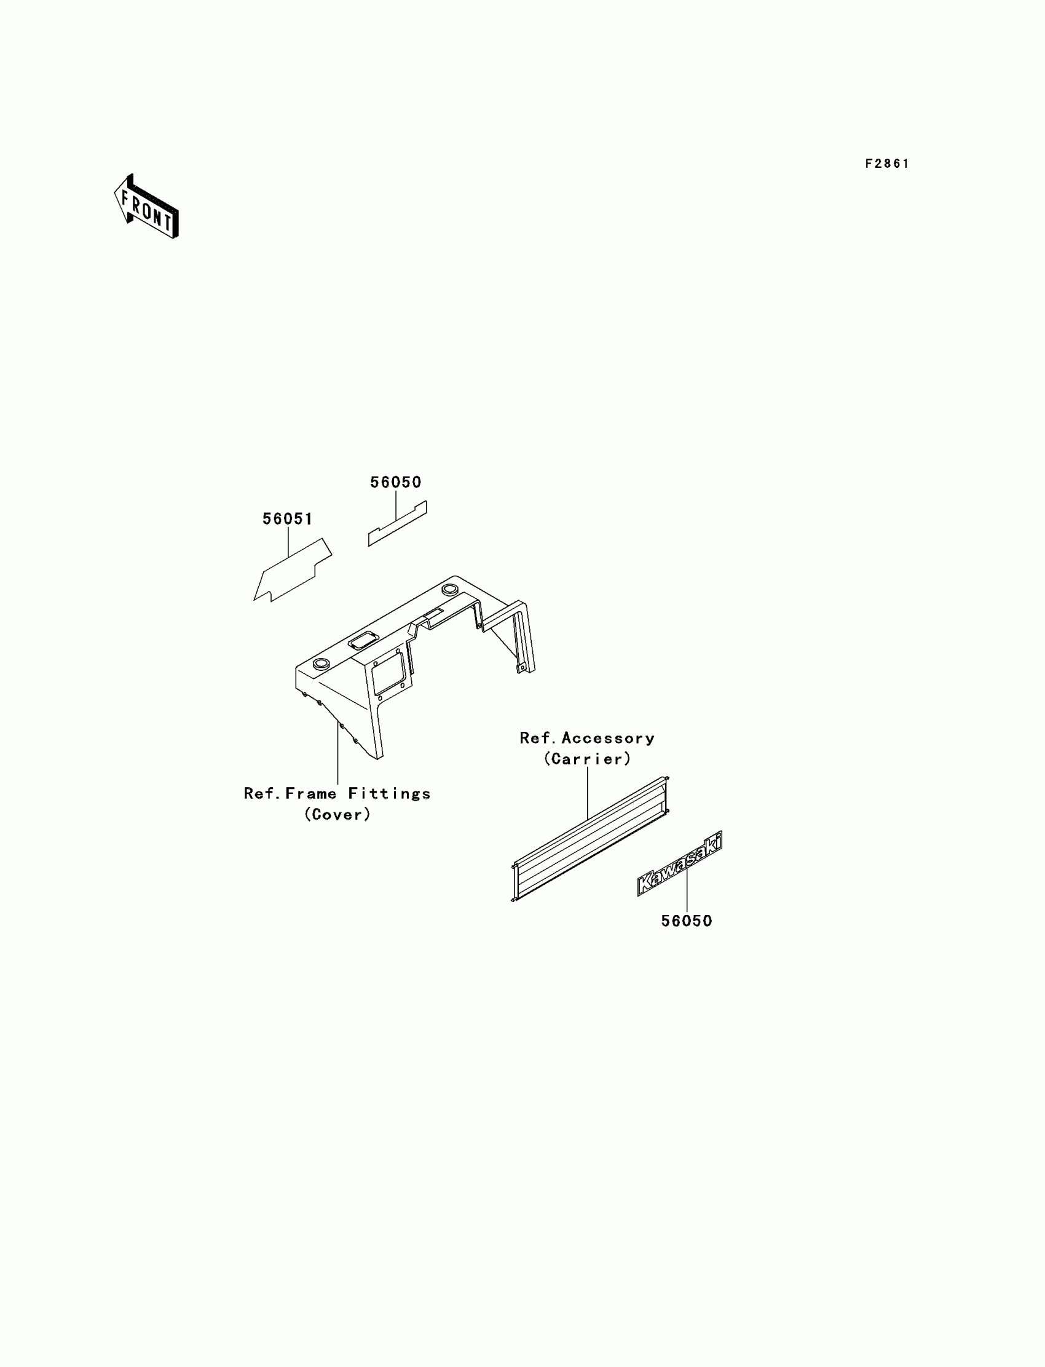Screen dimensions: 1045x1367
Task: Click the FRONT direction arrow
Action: click(x=146, y=207)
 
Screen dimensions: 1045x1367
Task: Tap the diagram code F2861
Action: click(x=887, y=164)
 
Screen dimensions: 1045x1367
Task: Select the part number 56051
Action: click(x=288, y=519)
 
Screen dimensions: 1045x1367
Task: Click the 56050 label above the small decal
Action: click(x=396, y=482)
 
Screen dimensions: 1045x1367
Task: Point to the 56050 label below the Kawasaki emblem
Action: click(x=686, y=921)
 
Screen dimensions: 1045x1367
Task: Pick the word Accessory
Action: click(x=608, y=739)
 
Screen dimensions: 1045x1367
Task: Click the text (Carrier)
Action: click(x=587, y=759)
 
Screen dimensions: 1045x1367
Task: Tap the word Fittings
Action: click(x=389, y=794)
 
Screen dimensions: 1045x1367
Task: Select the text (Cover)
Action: click(x=337, y=814)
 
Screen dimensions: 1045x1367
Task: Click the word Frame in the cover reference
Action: click(x=310, y=794)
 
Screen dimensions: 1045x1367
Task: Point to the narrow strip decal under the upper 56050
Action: click(x=397, y=524)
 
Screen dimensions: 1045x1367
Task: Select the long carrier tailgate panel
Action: click(x=590, y=838)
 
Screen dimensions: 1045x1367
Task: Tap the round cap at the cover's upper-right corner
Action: click(x=449, y=588)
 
